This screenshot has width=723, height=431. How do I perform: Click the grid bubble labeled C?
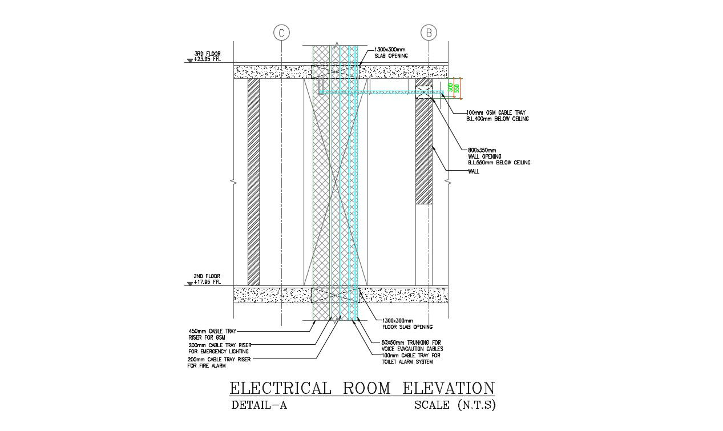click(x=281, y=33)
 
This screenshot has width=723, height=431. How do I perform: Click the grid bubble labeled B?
click(x=429, y=33)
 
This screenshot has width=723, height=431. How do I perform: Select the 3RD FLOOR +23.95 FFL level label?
click(x=207, y=56)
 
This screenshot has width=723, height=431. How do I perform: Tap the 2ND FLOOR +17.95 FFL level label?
click(x=207, y=279)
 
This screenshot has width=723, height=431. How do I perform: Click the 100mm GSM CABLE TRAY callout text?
click(x=497, y=116)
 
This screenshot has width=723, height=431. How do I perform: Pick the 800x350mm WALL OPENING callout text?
click(x=498, y=156)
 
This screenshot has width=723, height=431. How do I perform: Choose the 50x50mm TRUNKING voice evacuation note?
click(x=411, y=345)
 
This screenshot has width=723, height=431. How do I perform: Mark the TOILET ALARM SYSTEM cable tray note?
click(x=410, y=359)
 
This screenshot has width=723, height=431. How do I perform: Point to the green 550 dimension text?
click(x=457, y=88)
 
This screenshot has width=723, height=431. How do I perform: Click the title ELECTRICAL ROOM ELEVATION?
click(x=362, y=388)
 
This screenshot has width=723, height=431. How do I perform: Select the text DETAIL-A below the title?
click(x=258, y=406)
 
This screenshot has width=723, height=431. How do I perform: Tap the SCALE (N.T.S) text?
click(x=455, y=406)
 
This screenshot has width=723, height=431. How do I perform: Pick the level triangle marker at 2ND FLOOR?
click(x=190, y=284)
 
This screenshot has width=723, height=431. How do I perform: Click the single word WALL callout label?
click(x=473, y=171)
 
